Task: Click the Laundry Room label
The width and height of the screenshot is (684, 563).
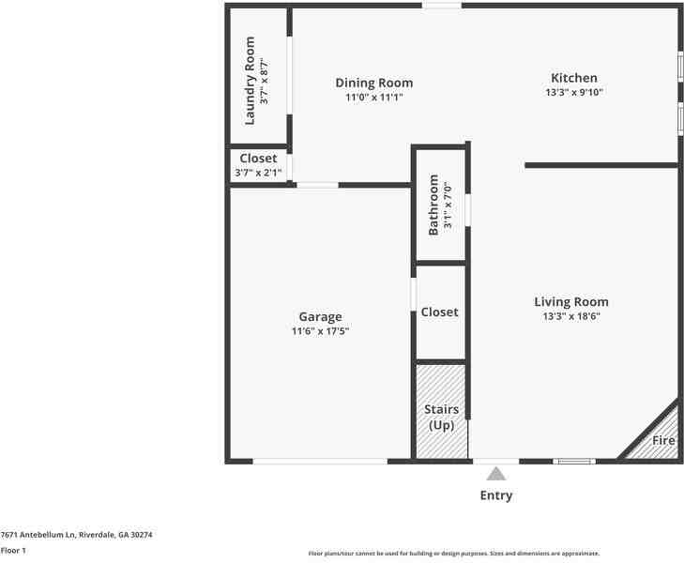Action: tap(251, 80)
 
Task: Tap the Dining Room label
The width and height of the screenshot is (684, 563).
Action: tap(373, 83)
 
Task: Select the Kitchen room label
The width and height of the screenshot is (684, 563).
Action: tap(573, 78)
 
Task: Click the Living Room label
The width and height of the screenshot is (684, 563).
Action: tap(570, 301)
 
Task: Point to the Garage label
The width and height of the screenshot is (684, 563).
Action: tap(320, 316)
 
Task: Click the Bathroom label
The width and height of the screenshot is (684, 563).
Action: tap(433, 205)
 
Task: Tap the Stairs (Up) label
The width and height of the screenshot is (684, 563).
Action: tap(440, 417)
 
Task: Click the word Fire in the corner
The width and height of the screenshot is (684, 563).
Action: tap(663, 439)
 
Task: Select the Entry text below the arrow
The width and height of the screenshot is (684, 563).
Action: tap(496, 495)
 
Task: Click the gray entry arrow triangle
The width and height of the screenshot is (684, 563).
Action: tap(496, 474)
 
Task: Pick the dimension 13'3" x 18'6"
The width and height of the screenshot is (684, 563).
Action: tap(570, 316)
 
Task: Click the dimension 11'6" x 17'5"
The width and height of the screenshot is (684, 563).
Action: tap(320, 330)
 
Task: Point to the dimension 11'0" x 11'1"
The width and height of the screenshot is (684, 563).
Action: tap(373, 97)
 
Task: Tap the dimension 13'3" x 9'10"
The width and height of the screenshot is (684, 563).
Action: tap(573, 92)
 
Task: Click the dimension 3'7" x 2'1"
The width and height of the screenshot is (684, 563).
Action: tap(258, 172)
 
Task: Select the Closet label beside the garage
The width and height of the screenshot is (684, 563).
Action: tap(439, 312)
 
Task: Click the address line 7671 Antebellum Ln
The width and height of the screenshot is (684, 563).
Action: tap(76, 535)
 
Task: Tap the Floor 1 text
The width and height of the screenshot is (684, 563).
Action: tap(13, 550)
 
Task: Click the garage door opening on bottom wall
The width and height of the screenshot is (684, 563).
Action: tap(320, 461)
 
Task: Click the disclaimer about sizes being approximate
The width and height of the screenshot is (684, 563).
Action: tap(454, 554)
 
